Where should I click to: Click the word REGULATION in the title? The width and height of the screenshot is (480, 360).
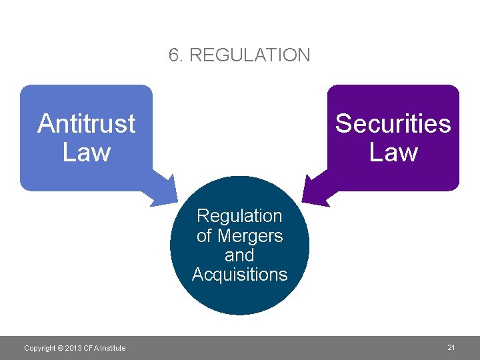(250, 55)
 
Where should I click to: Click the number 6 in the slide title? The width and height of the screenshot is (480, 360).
(175, 55)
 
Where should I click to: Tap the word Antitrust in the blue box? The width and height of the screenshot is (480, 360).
(86, 123)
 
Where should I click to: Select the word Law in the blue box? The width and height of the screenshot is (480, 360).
(86, 152)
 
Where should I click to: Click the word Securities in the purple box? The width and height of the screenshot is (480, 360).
(393, 123)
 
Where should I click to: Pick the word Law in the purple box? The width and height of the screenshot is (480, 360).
(393, 152)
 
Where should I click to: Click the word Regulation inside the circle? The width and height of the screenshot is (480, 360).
(239, 216)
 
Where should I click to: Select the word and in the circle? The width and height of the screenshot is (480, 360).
(239, 255)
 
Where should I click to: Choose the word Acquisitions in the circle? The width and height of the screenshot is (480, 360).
(239, 274)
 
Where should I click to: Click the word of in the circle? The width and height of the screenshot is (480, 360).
(204, 235)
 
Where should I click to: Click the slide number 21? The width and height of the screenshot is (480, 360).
(451, 347)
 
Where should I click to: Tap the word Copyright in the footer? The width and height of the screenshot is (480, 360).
(39, 348)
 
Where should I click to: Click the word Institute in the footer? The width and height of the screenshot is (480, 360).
(112, 348)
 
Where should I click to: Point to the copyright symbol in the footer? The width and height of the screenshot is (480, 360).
(60, 348)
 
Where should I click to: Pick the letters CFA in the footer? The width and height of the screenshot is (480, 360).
(90, 348)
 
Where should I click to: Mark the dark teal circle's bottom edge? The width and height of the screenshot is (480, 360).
(239, 314)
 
